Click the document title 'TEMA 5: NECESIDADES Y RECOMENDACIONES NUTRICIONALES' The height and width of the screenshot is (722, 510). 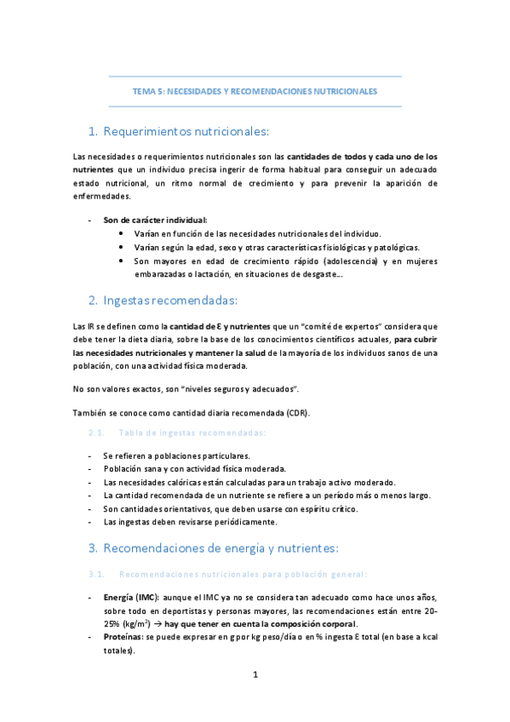255,90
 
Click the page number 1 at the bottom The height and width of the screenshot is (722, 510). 255,675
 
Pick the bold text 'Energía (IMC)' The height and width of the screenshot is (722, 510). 131,597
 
